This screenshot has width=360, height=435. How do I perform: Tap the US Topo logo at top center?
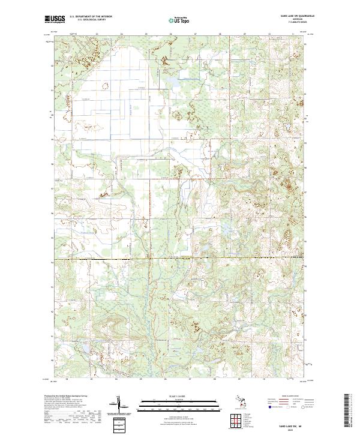pos(179,20)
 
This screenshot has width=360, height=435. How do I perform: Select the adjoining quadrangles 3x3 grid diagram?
pos(235,418)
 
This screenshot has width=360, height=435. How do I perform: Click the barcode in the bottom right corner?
pos(349,412)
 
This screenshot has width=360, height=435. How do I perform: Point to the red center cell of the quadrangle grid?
pos(235,418)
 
